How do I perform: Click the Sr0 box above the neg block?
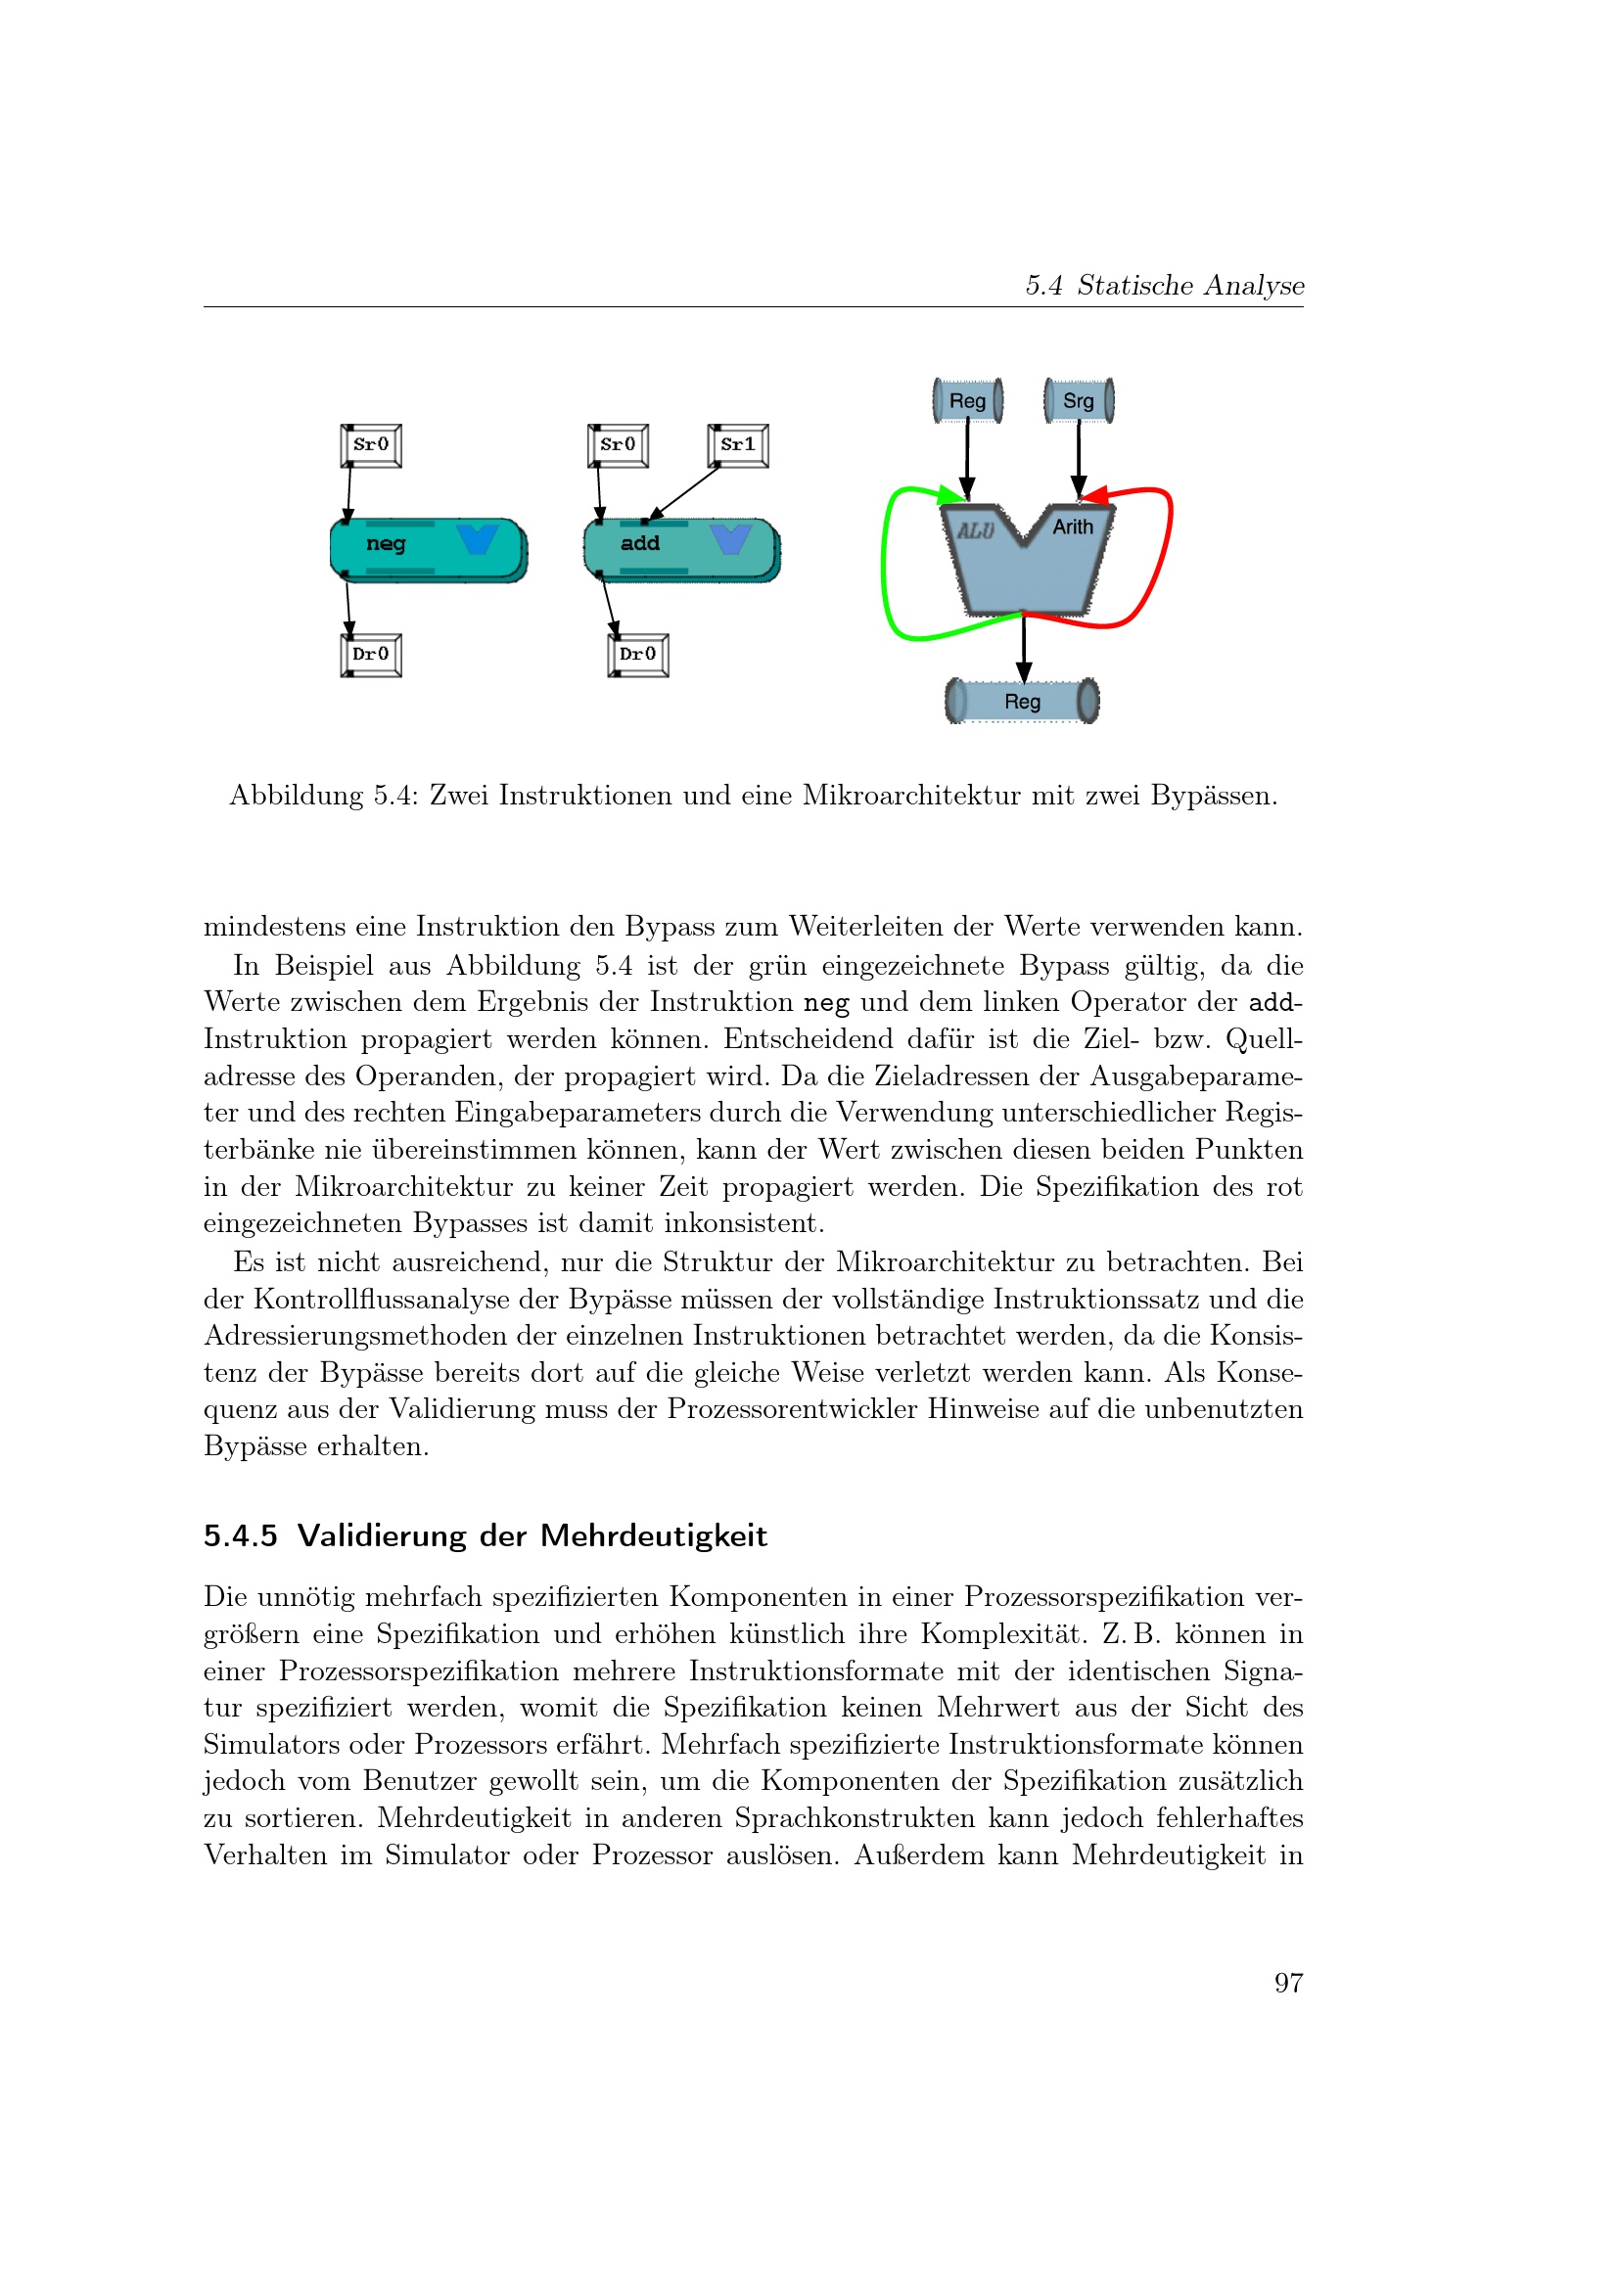[x=371, y=444]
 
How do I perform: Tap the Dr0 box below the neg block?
[x=371, y=655]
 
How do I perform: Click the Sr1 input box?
[x=738, y=444]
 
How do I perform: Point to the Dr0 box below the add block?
[x=638, y=655]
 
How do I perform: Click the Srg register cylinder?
[x=1079, y=401]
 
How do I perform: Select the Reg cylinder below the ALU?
[x=1022, y=701]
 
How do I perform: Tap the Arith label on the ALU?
[x=1073, y=526]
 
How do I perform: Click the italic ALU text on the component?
[x=976, y=530]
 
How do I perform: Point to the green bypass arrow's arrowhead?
[x=955, y=493]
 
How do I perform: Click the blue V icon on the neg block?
[x=478, y=538]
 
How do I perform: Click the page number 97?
[x=1288, y=1983]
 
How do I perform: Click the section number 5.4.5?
[x=240, y=1536]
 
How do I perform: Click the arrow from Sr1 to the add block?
[x=684, y=493]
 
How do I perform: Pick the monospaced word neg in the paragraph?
[x=825, y=1003]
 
